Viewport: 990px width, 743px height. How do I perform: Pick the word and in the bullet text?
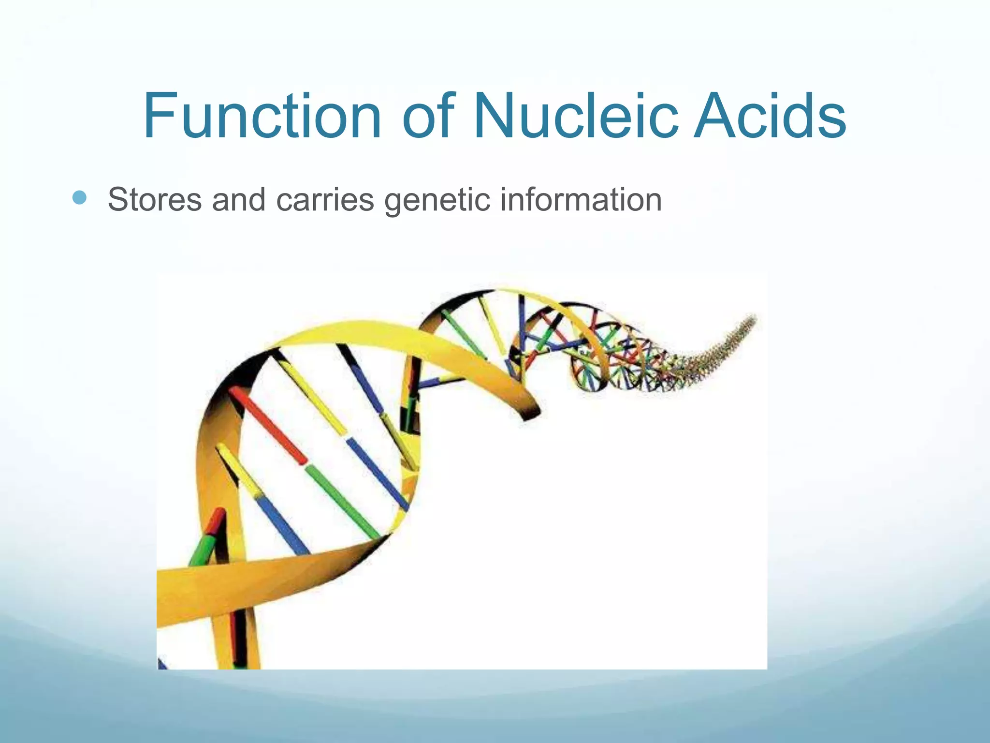[239, 199]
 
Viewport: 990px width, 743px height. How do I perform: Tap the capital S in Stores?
[119, 199]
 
